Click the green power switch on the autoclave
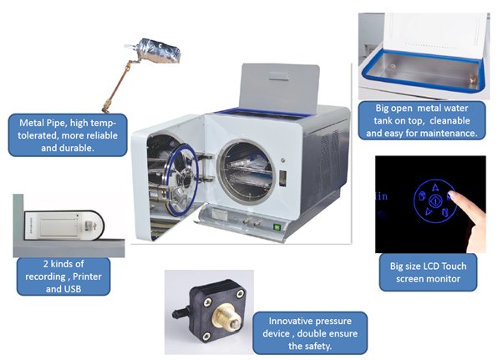(277, 227)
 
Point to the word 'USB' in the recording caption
(72, 289)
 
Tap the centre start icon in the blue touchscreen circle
(434, 201)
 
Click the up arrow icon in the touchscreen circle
(434, 187)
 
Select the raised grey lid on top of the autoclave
(279, 88)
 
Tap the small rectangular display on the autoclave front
(282, 178)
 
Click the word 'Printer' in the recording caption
(88, 276)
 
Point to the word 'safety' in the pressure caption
(314, 346)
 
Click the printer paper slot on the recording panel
(58, 227)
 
